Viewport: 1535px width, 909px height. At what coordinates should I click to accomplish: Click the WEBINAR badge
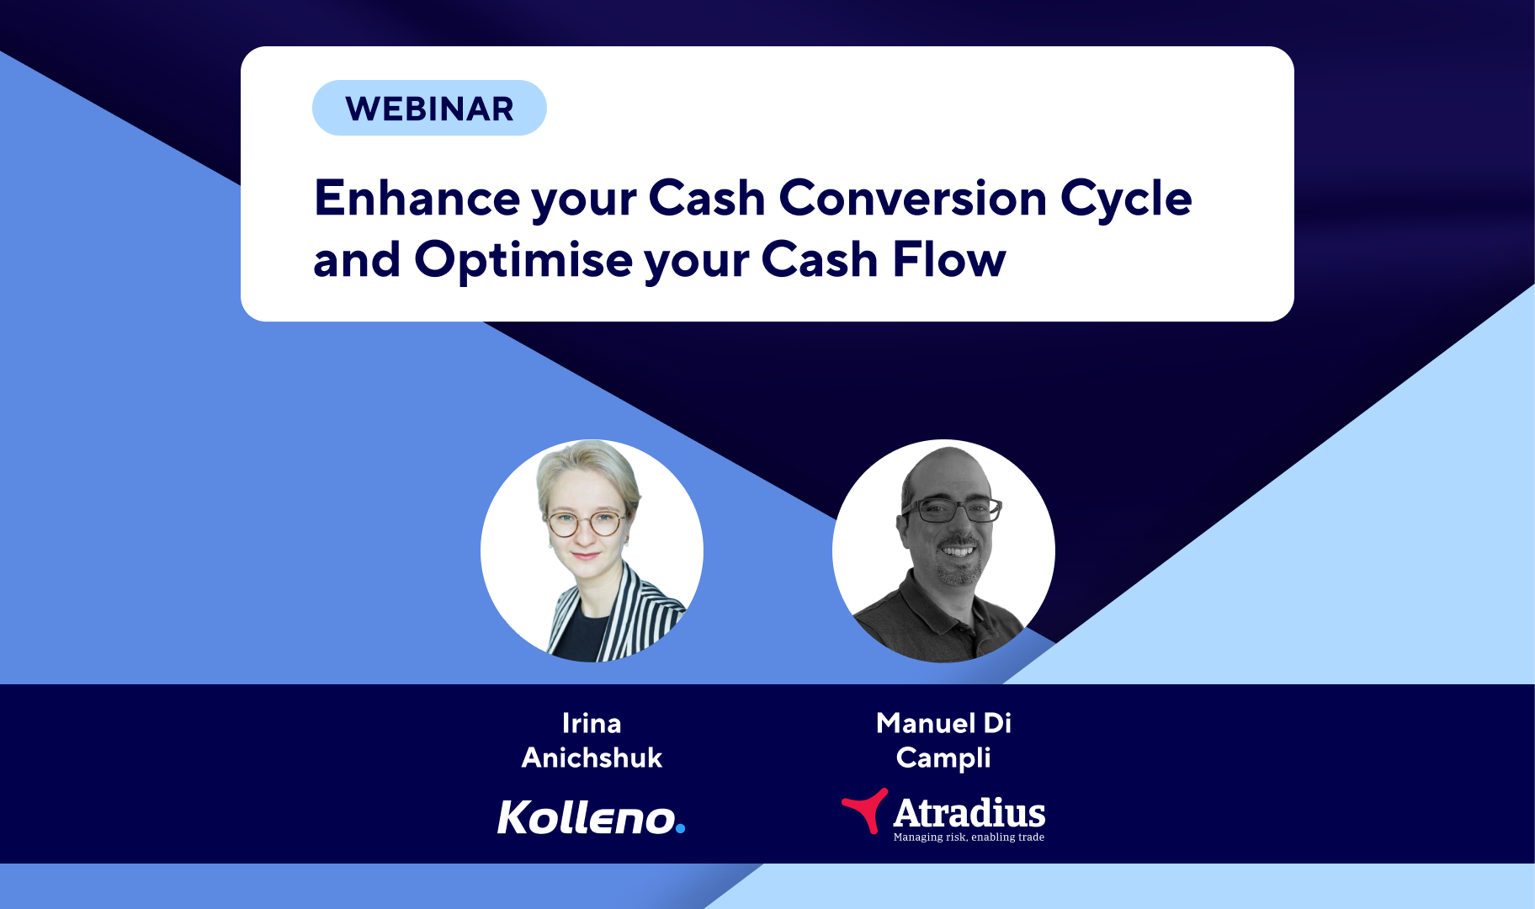(x=429, y=108)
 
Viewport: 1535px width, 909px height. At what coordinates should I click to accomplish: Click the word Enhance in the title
(x=417, y=199)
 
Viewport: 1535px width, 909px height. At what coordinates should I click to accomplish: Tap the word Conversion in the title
(x=913, y=199)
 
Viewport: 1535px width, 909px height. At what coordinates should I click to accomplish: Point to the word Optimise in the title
(x=523, y=260)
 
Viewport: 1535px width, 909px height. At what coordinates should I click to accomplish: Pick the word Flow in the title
(x=948, y=259)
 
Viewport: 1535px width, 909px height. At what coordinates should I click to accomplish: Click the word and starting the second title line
(x=357, y=260)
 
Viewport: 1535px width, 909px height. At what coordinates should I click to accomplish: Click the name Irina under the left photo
(x=592, y=723)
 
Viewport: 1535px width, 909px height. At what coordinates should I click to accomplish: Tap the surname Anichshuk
(x=592, y=757)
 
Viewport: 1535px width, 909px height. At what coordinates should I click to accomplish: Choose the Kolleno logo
(x=591, y=817)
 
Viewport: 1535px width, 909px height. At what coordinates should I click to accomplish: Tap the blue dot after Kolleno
(x=680, y=828)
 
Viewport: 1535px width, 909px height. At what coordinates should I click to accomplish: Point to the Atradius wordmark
(x=969, y=813)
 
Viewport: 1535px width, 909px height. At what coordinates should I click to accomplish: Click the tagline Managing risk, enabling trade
(x=969, y=837)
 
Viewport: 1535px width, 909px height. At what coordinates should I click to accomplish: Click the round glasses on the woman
(x=586, y=524)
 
